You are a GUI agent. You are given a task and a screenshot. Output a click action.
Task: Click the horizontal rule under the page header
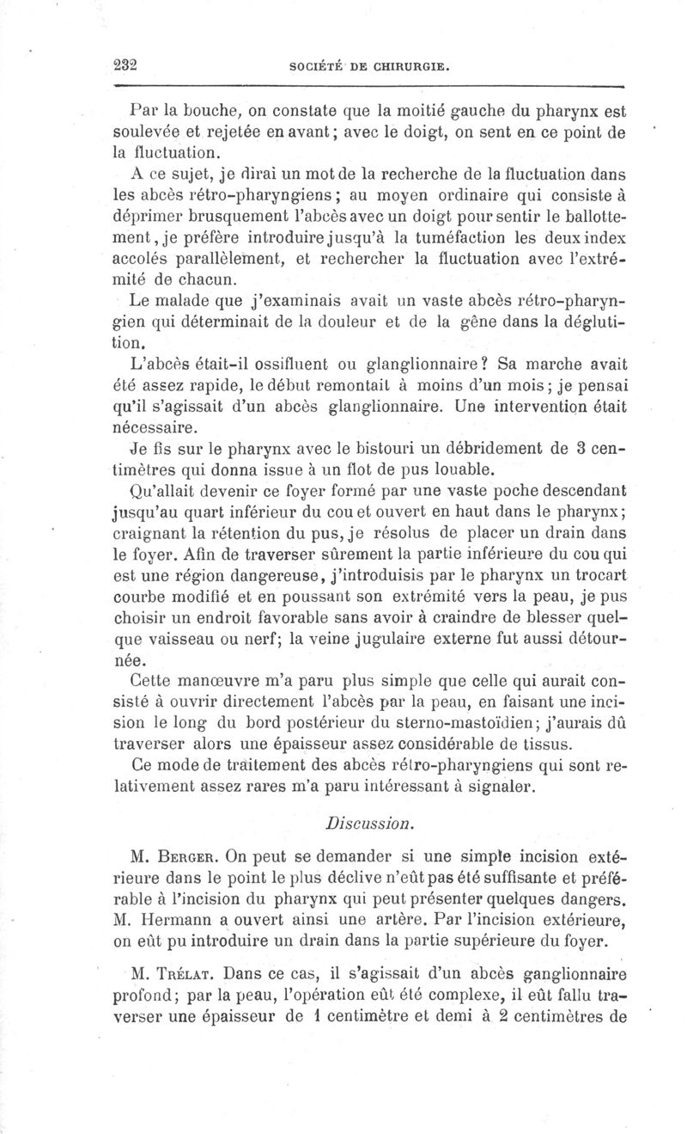(x=367, y=86)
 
